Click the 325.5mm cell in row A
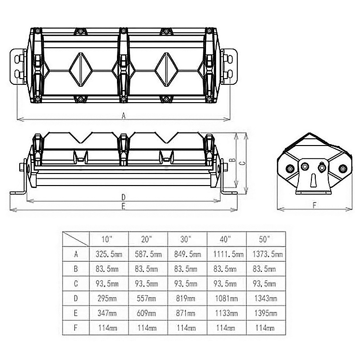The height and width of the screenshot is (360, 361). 109,254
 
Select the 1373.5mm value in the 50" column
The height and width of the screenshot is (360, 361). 268,254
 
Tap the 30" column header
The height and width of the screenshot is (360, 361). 186,239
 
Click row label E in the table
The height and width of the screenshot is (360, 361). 76,313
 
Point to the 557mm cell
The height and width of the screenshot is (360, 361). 146,298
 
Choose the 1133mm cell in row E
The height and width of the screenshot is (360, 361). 227,313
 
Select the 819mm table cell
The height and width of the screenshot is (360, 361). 186,298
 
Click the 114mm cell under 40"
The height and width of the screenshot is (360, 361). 226,328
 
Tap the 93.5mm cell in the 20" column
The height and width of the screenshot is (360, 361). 146,283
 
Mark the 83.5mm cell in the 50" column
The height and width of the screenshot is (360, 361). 264,269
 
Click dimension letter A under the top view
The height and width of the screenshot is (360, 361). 124,116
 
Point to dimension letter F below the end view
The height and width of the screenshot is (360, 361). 314,205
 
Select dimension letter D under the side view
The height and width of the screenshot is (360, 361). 124,197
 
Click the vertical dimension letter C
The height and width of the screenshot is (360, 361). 242,163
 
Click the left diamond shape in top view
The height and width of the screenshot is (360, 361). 81,69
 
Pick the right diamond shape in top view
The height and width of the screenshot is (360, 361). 167,69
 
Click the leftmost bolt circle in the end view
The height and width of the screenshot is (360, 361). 290,169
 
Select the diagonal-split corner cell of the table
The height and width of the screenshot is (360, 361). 76,239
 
